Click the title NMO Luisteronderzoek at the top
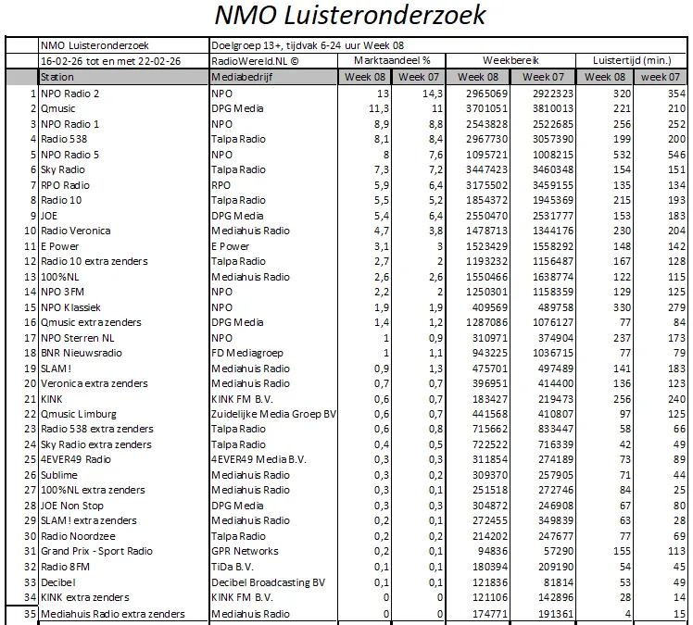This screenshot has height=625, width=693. (x=349, y=17)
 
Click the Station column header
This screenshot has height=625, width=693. (x=58, y=78)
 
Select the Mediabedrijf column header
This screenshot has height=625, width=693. (x=238, y=78)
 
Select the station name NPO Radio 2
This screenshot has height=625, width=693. (x=70, y=94)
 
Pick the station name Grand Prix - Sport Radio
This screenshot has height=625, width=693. (x=97, y=552)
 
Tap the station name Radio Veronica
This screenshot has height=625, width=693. (x=76, y=231)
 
